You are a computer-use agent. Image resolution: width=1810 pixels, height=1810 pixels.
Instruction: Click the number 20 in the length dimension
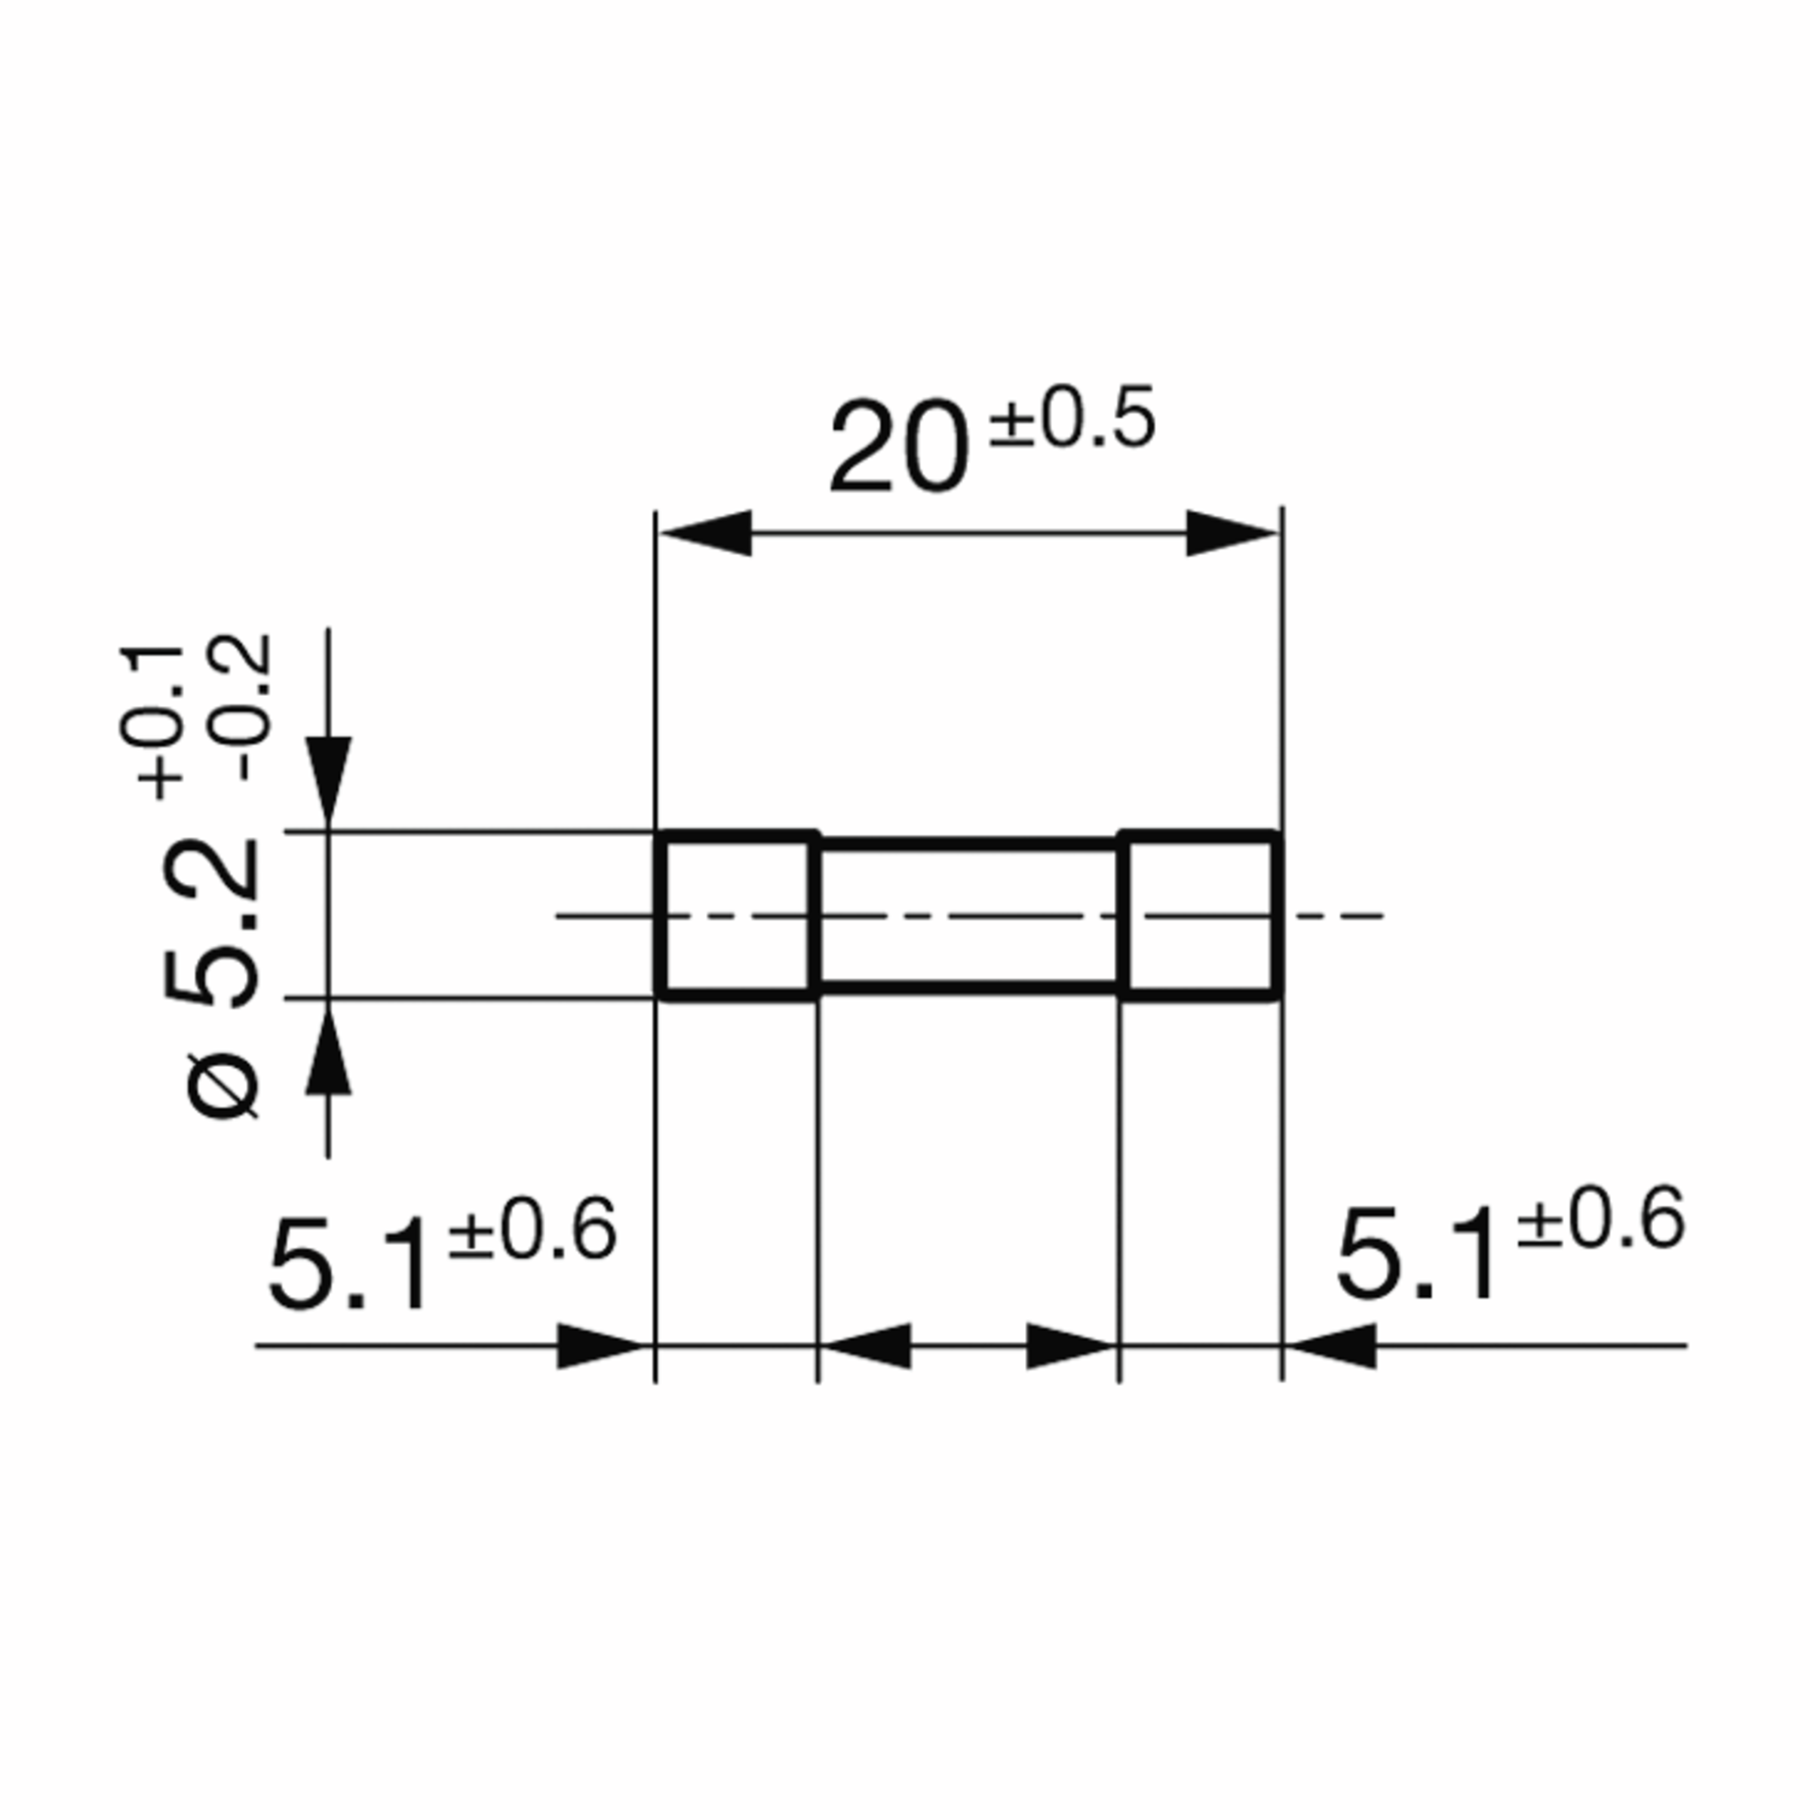point(897,448)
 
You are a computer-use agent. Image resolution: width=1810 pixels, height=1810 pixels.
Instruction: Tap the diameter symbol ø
point(224,1086)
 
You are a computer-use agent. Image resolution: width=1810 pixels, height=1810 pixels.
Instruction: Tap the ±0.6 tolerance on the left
point(532,1231)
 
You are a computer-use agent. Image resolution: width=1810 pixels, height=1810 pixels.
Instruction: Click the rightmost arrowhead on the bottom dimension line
point(1330,1346)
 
